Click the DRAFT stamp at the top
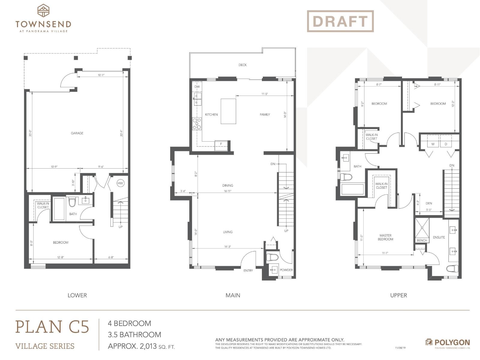pos(340,21)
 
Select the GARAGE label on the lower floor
pos(77,133)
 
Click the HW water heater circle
pos(120,183)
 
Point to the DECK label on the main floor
pos(242,65)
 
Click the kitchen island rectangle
pos(228,111)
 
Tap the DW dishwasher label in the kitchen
pos(197,87)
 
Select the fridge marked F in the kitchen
pos(221,144)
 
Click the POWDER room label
pos(286,270)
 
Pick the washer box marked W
pos(433,144)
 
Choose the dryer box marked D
pos(446,144)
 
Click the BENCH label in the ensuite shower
pos(422,241)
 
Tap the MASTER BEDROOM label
pos(385,237)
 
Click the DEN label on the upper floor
pos(429,203)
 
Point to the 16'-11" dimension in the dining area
pos(227,191)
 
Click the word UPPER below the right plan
pos(398,295)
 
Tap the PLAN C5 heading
pos(52,327)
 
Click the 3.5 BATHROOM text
pos(134,334)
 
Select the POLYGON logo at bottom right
pos(447,342)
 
